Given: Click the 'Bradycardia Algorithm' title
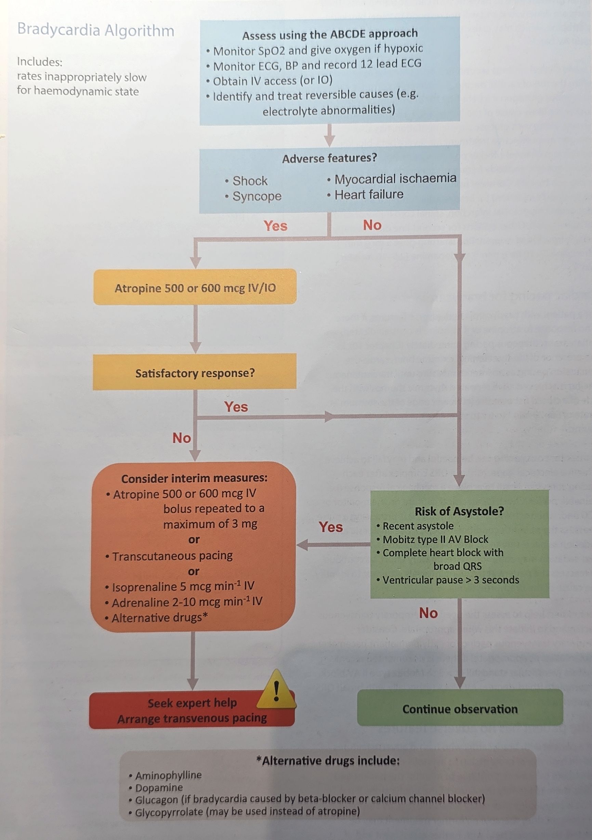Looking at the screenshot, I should coord(95,30).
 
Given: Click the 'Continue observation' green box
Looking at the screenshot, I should coord(460,709).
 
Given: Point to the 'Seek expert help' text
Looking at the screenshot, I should coord(192,703).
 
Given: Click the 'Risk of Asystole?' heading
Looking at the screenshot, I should coord(459,511).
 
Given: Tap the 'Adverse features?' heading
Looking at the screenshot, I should coord(329,158).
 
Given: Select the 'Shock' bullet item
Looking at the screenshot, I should coord(250,181).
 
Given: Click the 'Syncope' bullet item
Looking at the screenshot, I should coord(257,197).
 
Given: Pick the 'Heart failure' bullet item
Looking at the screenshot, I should coord(369,194).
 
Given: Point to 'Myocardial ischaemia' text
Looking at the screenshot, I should coord(395,178).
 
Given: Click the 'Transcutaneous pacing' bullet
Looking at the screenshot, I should coord(172,556).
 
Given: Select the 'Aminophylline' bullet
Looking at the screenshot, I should coord(168,775).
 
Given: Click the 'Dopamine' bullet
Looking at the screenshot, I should coord(159,787).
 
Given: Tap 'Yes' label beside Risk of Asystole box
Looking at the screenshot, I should coord(331,527).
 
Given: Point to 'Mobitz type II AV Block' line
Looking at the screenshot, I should coord(435,539).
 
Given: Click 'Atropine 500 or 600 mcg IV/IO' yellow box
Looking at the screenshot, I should coord(195,288).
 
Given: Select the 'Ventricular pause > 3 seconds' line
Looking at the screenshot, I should coord(451,579).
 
